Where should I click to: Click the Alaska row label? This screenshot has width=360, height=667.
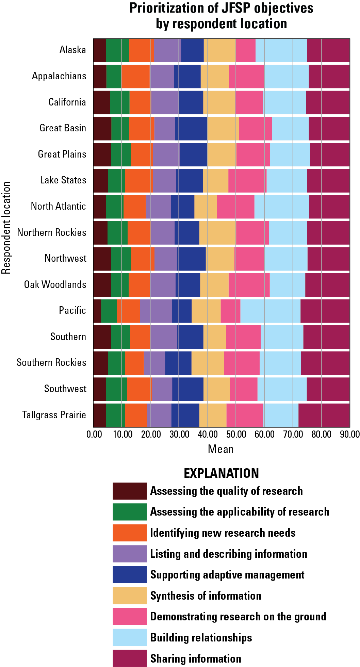(x=72, y=50)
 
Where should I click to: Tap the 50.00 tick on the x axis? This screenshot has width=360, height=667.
(x=236, y=434)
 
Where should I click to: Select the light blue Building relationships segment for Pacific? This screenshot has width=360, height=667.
(x=270, y=311)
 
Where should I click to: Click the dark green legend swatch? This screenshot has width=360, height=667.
(x=130, y=512)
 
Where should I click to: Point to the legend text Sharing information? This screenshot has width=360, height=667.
(x=196, y=658)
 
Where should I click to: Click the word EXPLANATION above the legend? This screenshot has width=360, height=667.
(x=221, y=473)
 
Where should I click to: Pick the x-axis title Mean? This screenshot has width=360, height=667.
(x=221, y=449)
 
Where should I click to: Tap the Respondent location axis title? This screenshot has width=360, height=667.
(x=6, y=228)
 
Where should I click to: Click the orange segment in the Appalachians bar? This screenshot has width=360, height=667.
(x=136, y=76)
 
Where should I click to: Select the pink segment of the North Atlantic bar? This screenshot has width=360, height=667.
(x=235, y=206)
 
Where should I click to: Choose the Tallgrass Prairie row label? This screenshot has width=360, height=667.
(x=54, y=415)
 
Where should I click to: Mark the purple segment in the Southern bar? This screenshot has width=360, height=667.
(x=164, y=337)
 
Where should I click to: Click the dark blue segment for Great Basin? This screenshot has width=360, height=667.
(x=191, y=128)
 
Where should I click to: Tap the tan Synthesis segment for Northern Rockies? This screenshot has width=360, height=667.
(x=217, y=232)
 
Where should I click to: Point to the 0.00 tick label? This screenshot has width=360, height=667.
(x=94, y=434)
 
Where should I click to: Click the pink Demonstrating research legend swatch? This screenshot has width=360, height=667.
(x=130, y=616)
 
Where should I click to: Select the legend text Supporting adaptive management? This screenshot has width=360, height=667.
(x=227, y=575)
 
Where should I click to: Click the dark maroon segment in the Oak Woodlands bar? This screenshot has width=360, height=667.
(x=102, y=284)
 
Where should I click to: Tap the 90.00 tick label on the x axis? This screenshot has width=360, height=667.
(x=350, y=434)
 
